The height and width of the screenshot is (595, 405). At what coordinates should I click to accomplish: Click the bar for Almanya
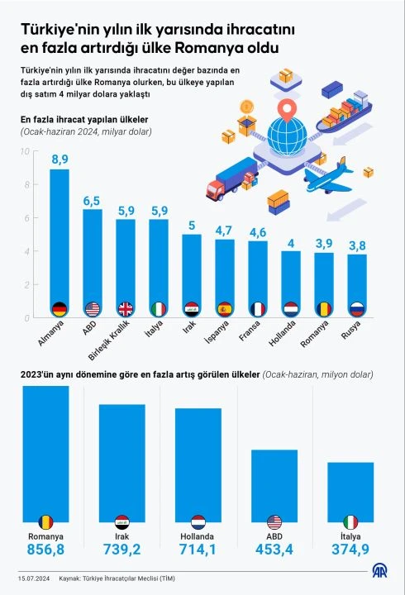[60, 240]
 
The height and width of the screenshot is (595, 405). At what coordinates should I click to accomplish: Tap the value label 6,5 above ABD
[93, 201]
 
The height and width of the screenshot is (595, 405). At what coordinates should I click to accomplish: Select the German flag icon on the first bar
[60, 308]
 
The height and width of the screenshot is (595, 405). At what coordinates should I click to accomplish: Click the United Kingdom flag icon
[126, 308]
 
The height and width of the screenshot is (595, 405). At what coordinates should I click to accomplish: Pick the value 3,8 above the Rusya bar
[357, 245]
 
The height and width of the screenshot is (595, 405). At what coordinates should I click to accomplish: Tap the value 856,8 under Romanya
[45, 548]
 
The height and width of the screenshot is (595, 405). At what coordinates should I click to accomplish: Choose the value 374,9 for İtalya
[350, 548]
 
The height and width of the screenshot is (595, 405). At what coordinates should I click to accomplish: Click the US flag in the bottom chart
[274, 521]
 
